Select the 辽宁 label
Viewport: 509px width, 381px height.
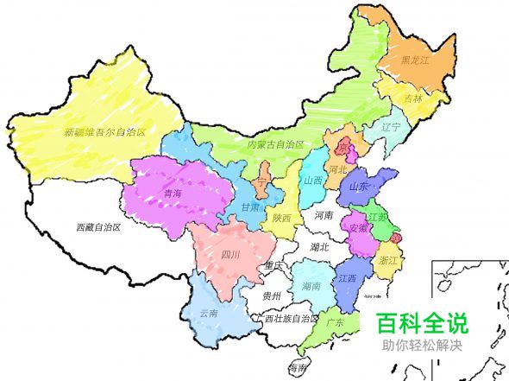tap(391, 127)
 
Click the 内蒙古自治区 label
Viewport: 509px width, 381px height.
tap(276, 143)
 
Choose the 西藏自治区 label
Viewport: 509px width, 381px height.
tap(97, 228)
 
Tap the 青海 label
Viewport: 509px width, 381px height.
tap(173, 195)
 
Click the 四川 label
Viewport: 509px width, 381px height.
tap(229, 254)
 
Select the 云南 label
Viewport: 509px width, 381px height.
tap(209, 313)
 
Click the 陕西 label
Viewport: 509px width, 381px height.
tap(281, 218)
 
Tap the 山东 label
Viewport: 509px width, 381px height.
tap(359, 186)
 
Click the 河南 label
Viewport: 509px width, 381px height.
tap(324, 214)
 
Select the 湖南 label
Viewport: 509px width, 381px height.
tap(312, 285)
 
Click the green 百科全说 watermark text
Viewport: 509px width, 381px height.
tap(422, 324)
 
